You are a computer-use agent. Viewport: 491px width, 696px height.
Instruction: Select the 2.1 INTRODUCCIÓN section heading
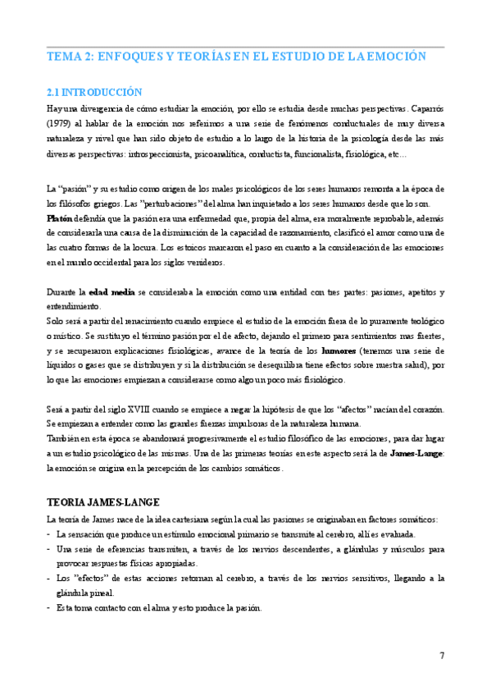[x=94, y=93]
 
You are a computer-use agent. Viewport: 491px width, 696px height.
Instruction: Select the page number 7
[x=442, y=655]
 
